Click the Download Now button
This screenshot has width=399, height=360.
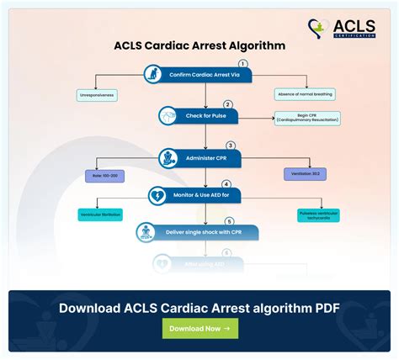[x=199, y=328]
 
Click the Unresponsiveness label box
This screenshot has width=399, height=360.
[x=98, y=96]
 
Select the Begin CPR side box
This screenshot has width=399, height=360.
[x=307, y=119]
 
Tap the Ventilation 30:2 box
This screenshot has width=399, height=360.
[x=306, y=173]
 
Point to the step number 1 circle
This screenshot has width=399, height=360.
[x=243, y=64]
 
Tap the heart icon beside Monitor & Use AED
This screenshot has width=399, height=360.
[x=158, y=195]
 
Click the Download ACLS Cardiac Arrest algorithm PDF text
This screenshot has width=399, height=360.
[x=199, y=307]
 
